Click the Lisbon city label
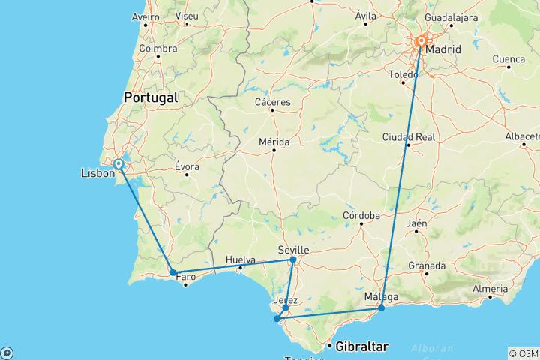97,174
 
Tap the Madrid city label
442,51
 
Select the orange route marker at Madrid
421,42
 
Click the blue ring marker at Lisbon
118,164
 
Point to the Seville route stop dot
293,260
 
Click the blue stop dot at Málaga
382,307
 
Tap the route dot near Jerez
286,307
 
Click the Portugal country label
151,97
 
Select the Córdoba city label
361,215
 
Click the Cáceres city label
272,101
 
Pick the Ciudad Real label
408,136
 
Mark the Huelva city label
240,259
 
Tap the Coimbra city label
157,49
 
